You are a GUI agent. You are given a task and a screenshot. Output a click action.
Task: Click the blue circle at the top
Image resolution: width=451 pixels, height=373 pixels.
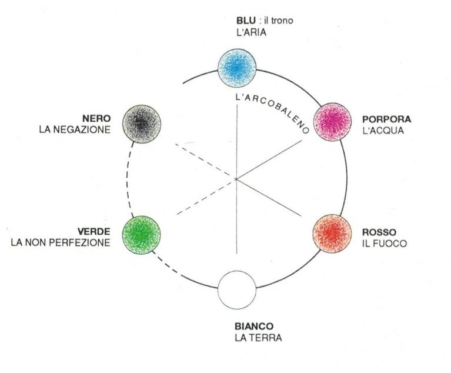[x=237, y=68]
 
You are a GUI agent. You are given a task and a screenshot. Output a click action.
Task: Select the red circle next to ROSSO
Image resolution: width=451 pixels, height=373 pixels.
[x=330, y=235]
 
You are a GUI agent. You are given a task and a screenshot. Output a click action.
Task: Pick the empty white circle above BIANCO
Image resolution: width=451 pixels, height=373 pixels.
[x=237, y=289]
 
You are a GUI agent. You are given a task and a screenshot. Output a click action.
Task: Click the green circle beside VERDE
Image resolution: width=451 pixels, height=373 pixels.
[x=141, y=235]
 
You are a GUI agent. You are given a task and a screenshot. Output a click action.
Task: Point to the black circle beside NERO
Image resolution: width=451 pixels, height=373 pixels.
[x=142, y=124]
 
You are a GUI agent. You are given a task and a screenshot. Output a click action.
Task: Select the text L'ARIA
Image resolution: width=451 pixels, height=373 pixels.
[x=250, y=33]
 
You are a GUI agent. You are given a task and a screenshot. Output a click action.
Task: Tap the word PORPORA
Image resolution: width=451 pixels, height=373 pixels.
[x=386, y=119]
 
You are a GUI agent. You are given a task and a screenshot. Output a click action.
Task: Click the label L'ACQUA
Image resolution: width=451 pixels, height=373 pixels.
[x=383, y=130]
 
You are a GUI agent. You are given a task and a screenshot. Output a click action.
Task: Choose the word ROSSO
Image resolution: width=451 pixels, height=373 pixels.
[x=379, y=232]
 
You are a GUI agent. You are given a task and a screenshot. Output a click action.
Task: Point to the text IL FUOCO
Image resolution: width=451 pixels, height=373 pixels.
[x=384, y=243]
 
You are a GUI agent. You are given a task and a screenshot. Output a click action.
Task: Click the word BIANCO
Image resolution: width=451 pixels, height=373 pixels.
[x=254, y=327]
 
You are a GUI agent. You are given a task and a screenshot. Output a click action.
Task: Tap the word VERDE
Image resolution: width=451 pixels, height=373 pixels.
[x=94, y=231]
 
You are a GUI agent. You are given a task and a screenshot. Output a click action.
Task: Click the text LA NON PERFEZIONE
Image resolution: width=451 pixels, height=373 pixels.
[x=60, y=242]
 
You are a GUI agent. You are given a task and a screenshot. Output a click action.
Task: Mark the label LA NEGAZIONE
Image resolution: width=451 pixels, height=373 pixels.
[x=74, y=129]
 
